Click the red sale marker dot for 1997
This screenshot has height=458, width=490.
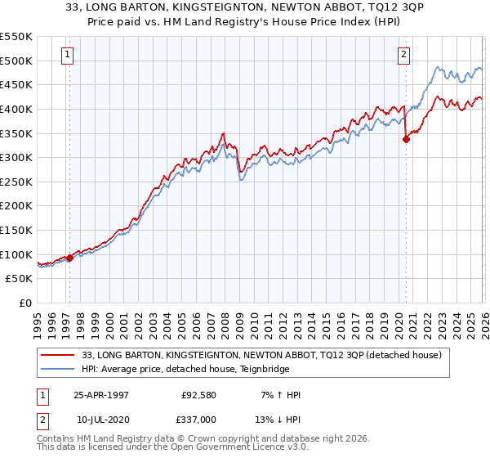click(x=69, y=258)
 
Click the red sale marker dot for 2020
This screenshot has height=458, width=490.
click(x=406, y=139)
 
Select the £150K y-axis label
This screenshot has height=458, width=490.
click(x=16, y=230)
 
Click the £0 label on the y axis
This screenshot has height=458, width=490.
click(x=24, y=303)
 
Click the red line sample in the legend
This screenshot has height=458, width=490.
click(x=59, y=355)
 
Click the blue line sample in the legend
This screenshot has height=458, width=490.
click(x=59, y=369)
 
